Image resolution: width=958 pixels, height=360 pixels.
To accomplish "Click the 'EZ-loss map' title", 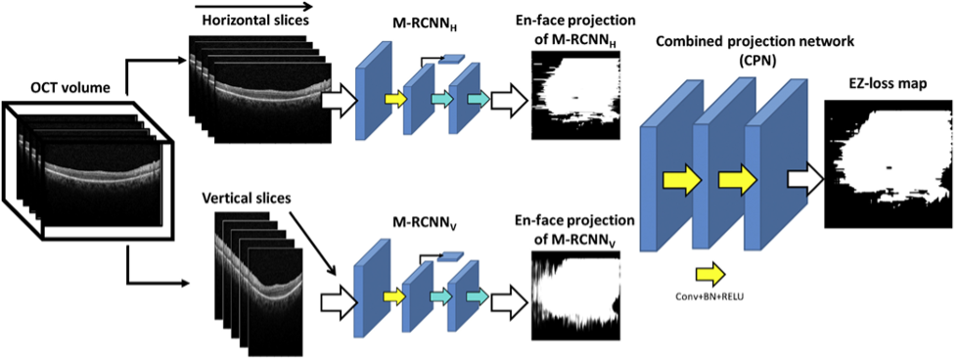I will point(888,83).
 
